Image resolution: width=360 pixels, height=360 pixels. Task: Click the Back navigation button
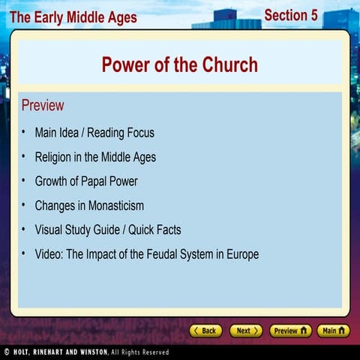point(205,330)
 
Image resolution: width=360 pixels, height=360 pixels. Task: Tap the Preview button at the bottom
point(290,330)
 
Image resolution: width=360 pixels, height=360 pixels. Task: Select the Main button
point(332,330)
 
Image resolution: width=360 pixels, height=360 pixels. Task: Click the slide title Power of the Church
point(179,64)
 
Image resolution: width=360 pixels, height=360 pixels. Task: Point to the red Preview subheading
point(43,105)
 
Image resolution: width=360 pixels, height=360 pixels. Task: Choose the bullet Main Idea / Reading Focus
point(94,133)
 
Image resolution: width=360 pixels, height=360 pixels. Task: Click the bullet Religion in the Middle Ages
point(95,157)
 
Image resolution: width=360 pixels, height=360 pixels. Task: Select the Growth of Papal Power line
point(86,181)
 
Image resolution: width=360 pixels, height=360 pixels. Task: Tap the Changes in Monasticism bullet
point(89,205)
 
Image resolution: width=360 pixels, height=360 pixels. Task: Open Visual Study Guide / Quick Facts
point(108,229)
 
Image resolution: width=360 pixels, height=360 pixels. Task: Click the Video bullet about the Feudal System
point(147,254)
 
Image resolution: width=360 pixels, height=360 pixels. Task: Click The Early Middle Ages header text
point(73,17)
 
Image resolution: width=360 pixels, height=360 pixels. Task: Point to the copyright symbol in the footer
point(6,352)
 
